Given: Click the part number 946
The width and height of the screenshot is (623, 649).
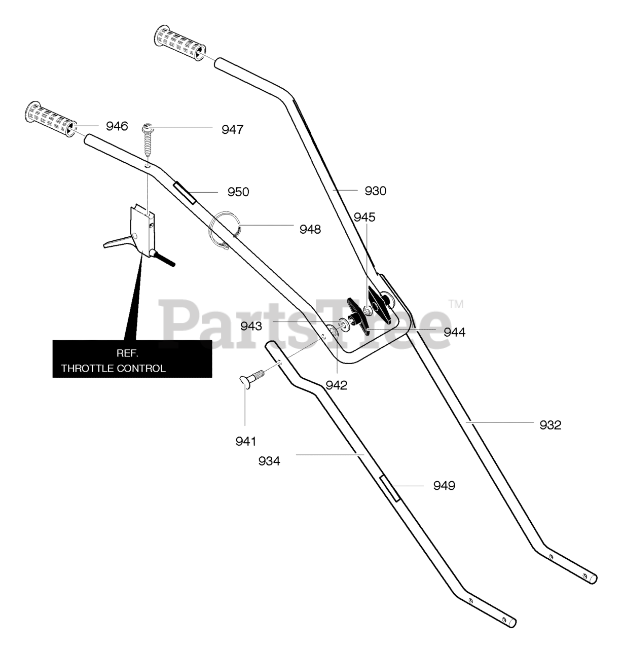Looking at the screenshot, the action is coord(117,126).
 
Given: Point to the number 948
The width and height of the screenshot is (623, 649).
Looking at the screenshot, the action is coord(310,230).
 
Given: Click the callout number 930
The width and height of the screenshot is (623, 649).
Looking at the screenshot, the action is coord(376,191).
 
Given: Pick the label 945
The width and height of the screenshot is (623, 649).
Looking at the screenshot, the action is coord(364,218).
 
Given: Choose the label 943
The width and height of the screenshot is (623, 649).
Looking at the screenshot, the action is coord(251,326).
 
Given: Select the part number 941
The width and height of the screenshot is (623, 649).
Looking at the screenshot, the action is coord(245,442).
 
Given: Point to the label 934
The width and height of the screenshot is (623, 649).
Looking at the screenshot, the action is coord(269,461).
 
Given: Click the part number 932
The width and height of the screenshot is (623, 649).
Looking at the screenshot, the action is coord(551,425).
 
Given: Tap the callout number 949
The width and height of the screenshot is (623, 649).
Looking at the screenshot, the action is coord(444,486).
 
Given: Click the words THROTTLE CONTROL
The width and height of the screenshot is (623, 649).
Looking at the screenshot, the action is coord(114,368).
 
